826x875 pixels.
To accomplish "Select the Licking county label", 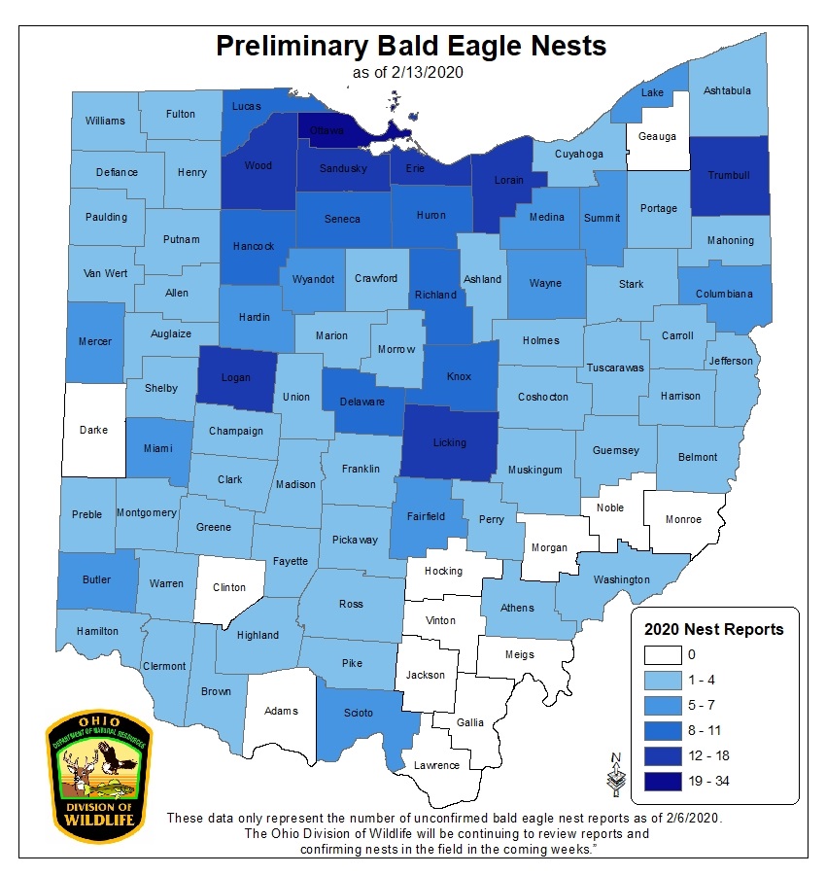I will point(449,442).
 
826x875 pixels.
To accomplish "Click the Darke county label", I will point(94,429).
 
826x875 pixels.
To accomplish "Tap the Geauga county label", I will point(657,137).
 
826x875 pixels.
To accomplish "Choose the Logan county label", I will point(235,378).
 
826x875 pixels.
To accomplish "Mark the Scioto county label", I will point(359,713).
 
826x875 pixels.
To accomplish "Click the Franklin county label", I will point(361,469).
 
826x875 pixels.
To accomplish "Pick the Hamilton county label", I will point(98,631).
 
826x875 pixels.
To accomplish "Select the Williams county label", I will point(105,121).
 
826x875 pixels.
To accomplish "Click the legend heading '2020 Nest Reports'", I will point(714,629).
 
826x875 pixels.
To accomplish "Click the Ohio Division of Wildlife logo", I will point(98,774).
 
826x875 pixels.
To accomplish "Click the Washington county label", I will point(621,579).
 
